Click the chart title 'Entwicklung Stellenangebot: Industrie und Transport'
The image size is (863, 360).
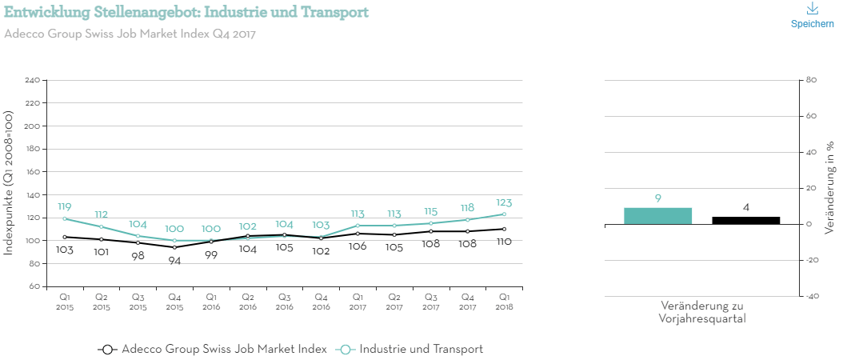point(186,13)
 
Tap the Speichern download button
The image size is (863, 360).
point(812,16)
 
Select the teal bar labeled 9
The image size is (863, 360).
point(657,215)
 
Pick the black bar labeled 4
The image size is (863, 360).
point(745,220)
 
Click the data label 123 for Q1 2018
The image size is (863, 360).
point(503,203)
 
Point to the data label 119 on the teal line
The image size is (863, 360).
point(65,207)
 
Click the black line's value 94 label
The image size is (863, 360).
point(174,261)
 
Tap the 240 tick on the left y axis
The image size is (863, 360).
point(33,81)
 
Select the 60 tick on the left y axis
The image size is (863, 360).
point(34,286)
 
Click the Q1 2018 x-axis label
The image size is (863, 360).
point(504,301)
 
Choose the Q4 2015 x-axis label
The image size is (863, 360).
point(174,301)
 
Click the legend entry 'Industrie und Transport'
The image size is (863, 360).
point(421,350)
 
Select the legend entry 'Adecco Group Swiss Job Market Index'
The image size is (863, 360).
point(224,350)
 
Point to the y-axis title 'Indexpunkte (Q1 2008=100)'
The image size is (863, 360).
point(9,183)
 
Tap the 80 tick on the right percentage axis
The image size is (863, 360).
point(810,80)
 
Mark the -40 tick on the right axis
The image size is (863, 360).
point(812,296)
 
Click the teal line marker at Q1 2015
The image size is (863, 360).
point(65,218)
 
